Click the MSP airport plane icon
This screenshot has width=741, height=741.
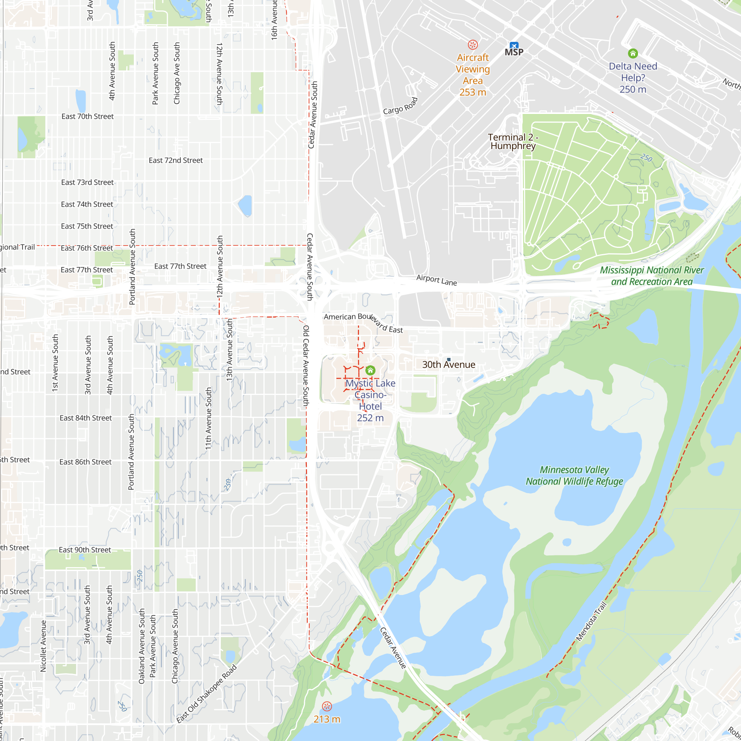pyautogui.click(x=514, y=45)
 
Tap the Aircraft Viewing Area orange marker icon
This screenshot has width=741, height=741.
pyautogui.click(x=472, y=45)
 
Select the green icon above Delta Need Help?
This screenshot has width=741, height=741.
pyautogui.click(x=633, y=53)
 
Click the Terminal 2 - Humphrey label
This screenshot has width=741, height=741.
pyautogui.click(x=513, y=142)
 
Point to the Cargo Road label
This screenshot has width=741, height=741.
pyautogui.click(x=400, y=106)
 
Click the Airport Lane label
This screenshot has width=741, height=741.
pyautogui.click(x=436, y=280)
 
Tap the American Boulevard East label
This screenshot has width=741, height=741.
pyautogui.click(x=363, y=323)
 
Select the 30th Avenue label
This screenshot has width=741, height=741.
pyautogui.click(x=448, y=365)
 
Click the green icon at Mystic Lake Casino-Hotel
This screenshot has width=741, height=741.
pyautogui.click(x=370, y=370)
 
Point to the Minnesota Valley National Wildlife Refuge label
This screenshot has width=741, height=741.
pyautogui.click(x=574, y=476)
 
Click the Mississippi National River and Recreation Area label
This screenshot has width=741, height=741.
pyautogui.click(x=652, y=276)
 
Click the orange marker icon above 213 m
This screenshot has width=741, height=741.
pyautogui.click(x=327, y=707)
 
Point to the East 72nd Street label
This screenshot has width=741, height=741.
pyautogui.click(x=176, y=160)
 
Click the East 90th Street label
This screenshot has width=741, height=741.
pyautogui.click(x=85, y=549)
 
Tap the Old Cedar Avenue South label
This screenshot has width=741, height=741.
pyautogui.click(x=306, y=366)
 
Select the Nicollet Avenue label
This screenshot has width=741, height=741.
pyautogui.click(x=43, y=646)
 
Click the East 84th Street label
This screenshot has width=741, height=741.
pyautogui.click(x=86, y=418)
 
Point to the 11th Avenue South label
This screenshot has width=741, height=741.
pyautogui.click(x=208, y=418)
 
